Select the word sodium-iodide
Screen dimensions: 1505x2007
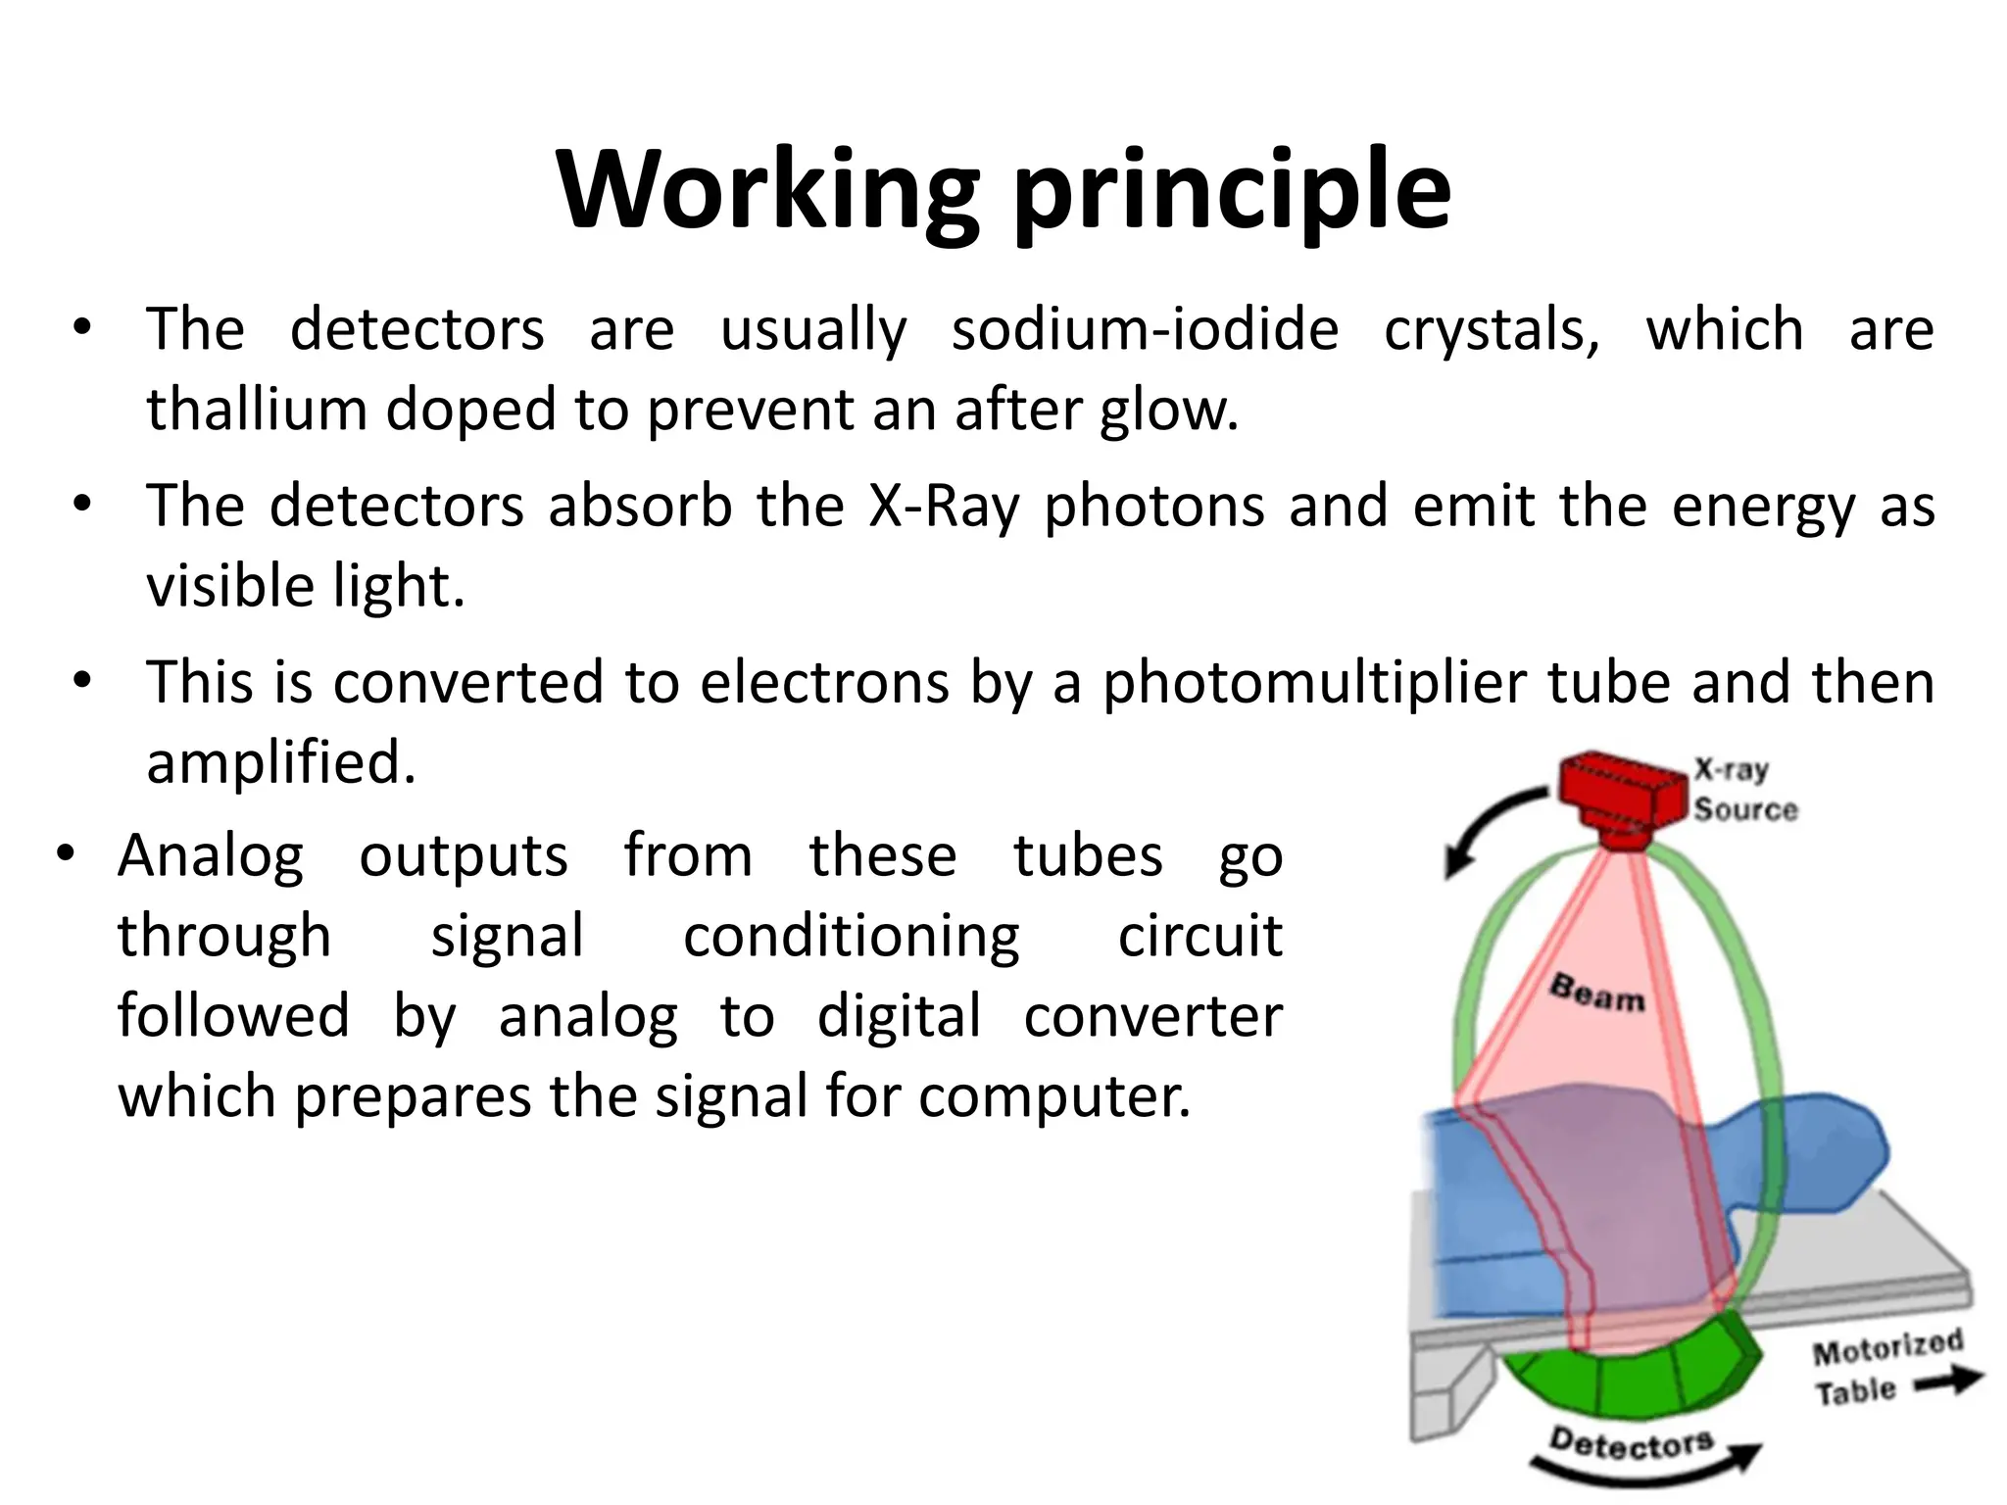click(1145, 329)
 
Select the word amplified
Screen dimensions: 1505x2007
click(281, 762)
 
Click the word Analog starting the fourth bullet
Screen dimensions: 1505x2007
click(211, 856)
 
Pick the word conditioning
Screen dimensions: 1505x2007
click(851, 937)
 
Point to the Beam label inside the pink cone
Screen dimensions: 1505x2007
click(1596, 992)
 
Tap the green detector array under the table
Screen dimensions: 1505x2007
click(1632, 1377)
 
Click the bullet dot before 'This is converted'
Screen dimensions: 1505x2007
click(82, 679)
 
